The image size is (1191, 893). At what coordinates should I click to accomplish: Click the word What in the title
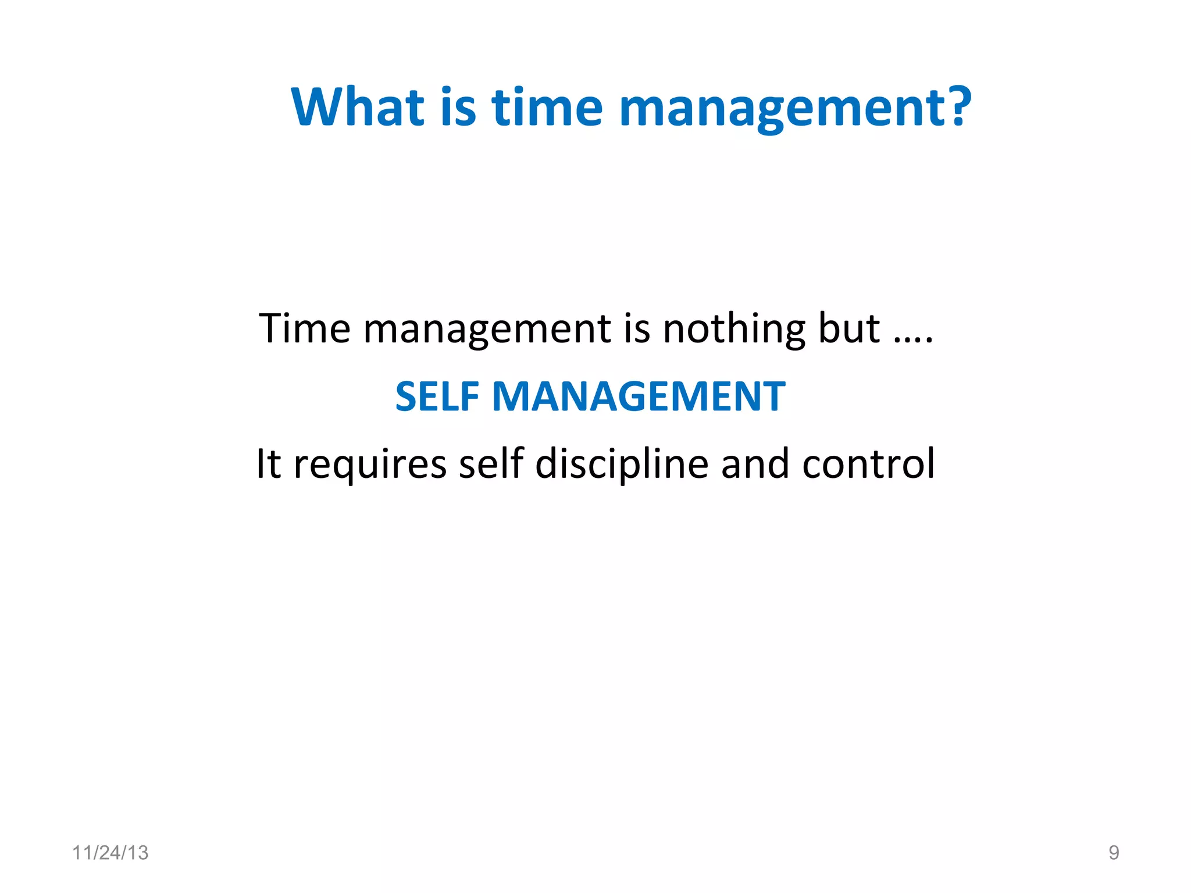click(x=358, y=107)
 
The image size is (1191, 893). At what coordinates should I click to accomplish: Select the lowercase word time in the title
click(x=547, y=107)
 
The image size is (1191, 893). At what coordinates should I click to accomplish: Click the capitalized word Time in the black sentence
click(x=305, y=329)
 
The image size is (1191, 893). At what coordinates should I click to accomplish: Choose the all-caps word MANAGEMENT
click(x=639, y=397)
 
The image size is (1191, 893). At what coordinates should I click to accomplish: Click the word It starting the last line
click(x=269, y=465)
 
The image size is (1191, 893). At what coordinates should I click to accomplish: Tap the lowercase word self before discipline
click(x=491, y=465)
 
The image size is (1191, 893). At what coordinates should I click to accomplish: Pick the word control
click(x=868, y=465)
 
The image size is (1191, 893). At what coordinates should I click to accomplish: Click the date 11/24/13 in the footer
click(x=110, y=853)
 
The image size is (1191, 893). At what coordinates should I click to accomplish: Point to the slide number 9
click(x=1114, y=853)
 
